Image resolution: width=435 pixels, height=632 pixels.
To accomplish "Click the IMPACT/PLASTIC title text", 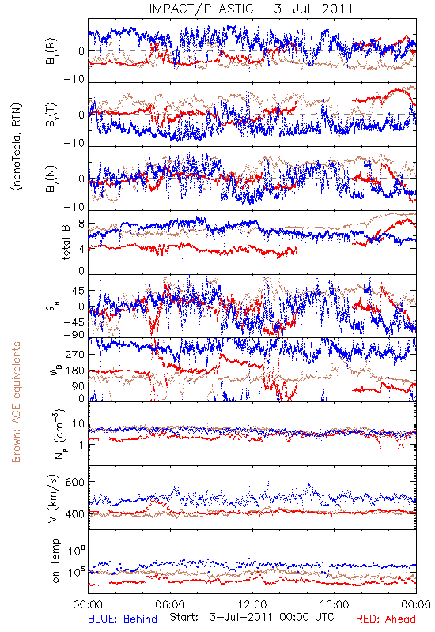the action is pyautogui.click(x=201, y=9).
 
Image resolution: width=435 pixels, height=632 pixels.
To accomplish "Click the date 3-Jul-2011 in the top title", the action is pyautogui.click(x=313, y=9).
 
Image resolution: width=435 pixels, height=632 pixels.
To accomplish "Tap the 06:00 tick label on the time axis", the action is pyautogui.click(x=170, y=604).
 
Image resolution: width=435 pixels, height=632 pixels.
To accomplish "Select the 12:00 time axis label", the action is pyautogui.click(x=252, y=604).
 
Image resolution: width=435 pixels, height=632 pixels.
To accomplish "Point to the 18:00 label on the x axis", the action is pyautogui.click(x=335, y=604).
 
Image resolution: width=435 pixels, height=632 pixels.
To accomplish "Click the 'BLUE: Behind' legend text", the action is pyautogui.click(x=123, y=619).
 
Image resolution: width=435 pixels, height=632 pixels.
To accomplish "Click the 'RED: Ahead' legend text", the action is pyautogui.click(x=386, y=619).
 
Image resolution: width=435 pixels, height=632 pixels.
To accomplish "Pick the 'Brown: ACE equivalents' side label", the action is pyautogui.click(x=16, y=402).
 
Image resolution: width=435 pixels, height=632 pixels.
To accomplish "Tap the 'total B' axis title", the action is pyautogui.click(x=66, y=243).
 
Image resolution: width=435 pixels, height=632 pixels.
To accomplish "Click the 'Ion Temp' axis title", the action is pyautogui.click(x=55, y=562).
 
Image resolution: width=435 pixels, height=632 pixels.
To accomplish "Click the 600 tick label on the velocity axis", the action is pyautogui.click(x=74, y=482).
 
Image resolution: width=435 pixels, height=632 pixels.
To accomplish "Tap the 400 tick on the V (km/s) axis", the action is pyautogui.click(x=74, y=514).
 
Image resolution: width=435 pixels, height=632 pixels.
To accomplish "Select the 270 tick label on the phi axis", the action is pyautogui.click(x=76, y=354).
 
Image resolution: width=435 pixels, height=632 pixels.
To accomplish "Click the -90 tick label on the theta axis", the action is pyautogui.click(x=74, y=334).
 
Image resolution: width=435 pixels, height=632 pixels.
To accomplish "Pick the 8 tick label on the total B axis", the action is pyautogui.click(x=81, y=224).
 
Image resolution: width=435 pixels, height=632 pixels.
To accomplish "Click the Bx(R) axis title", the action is pyautogui.click(x=51, y=51).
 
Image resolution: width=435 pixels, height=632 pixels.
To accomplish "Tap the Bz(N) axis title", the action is pyautogui.click(x=51, y=179).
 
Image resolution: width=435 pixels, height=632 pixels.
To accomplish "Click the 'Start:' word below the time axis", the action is pyautogui.click(x=183, y=617).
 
